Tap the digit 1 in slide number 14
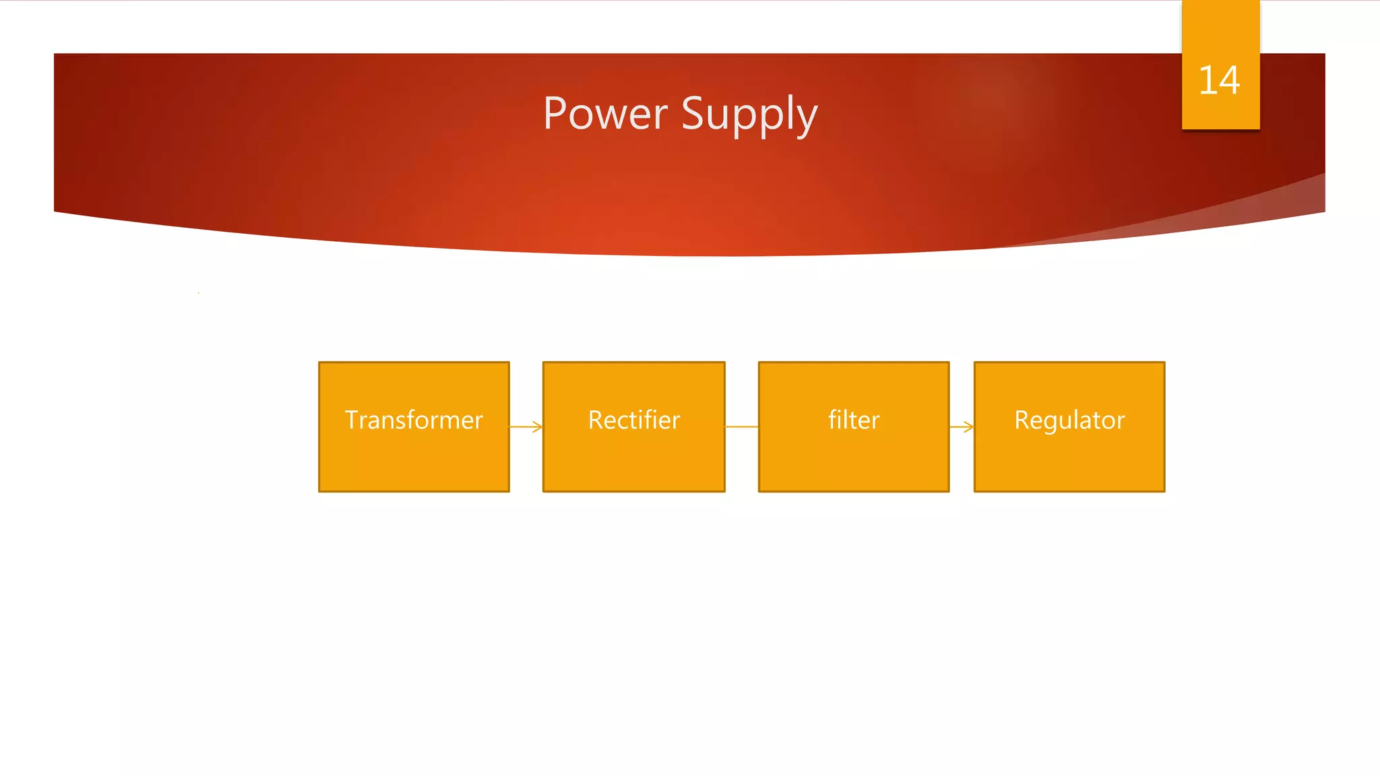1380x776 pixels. point(1207,80)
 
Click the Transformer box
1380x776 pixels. point(414,458)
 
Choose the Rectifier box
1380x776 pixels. point(633,458)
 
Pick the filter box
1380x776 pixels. point(854,458)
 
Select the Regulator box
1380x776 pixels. point(1069,458)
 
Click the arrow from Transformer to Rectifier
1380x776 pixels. point(526,426)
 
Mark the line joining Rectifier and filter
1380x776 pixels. point(741,426)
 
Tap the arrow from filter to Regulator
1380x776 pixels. point(962,426)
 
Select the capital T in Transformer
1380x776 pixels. point(352,420)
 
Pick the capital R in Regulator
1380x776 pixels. point(1022,420)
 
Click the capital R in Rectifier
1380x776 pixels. point(596,420)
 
